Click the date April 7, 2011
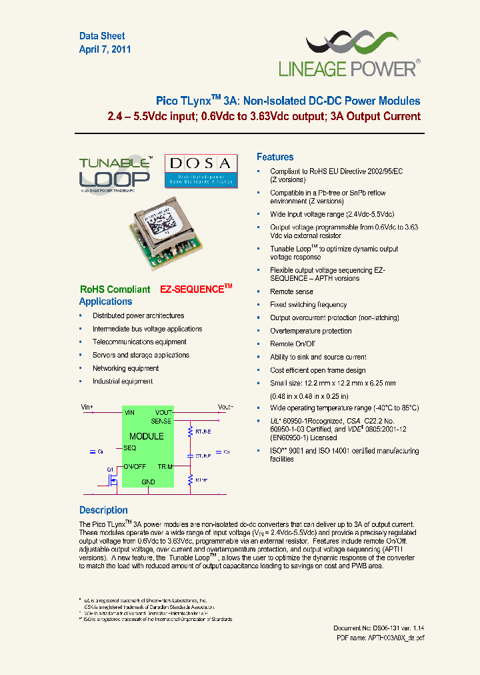point(105,49)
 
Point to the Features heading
point(275,157)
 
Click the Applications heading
point(105,301)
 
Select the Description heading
point(103,510)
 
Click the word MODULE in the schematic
point(147,436)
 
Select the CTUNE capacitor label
point(203,456)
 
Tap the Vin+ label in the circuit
point(87,406)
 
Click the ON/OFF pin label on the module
point(136,466)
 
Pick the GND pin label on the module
point(148,482)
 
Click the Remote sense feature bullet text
point(291,291)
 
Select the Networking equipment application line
point(125,368)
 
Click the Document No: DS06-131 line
point(379,628)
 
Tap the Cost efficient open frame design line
point(317,370)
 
